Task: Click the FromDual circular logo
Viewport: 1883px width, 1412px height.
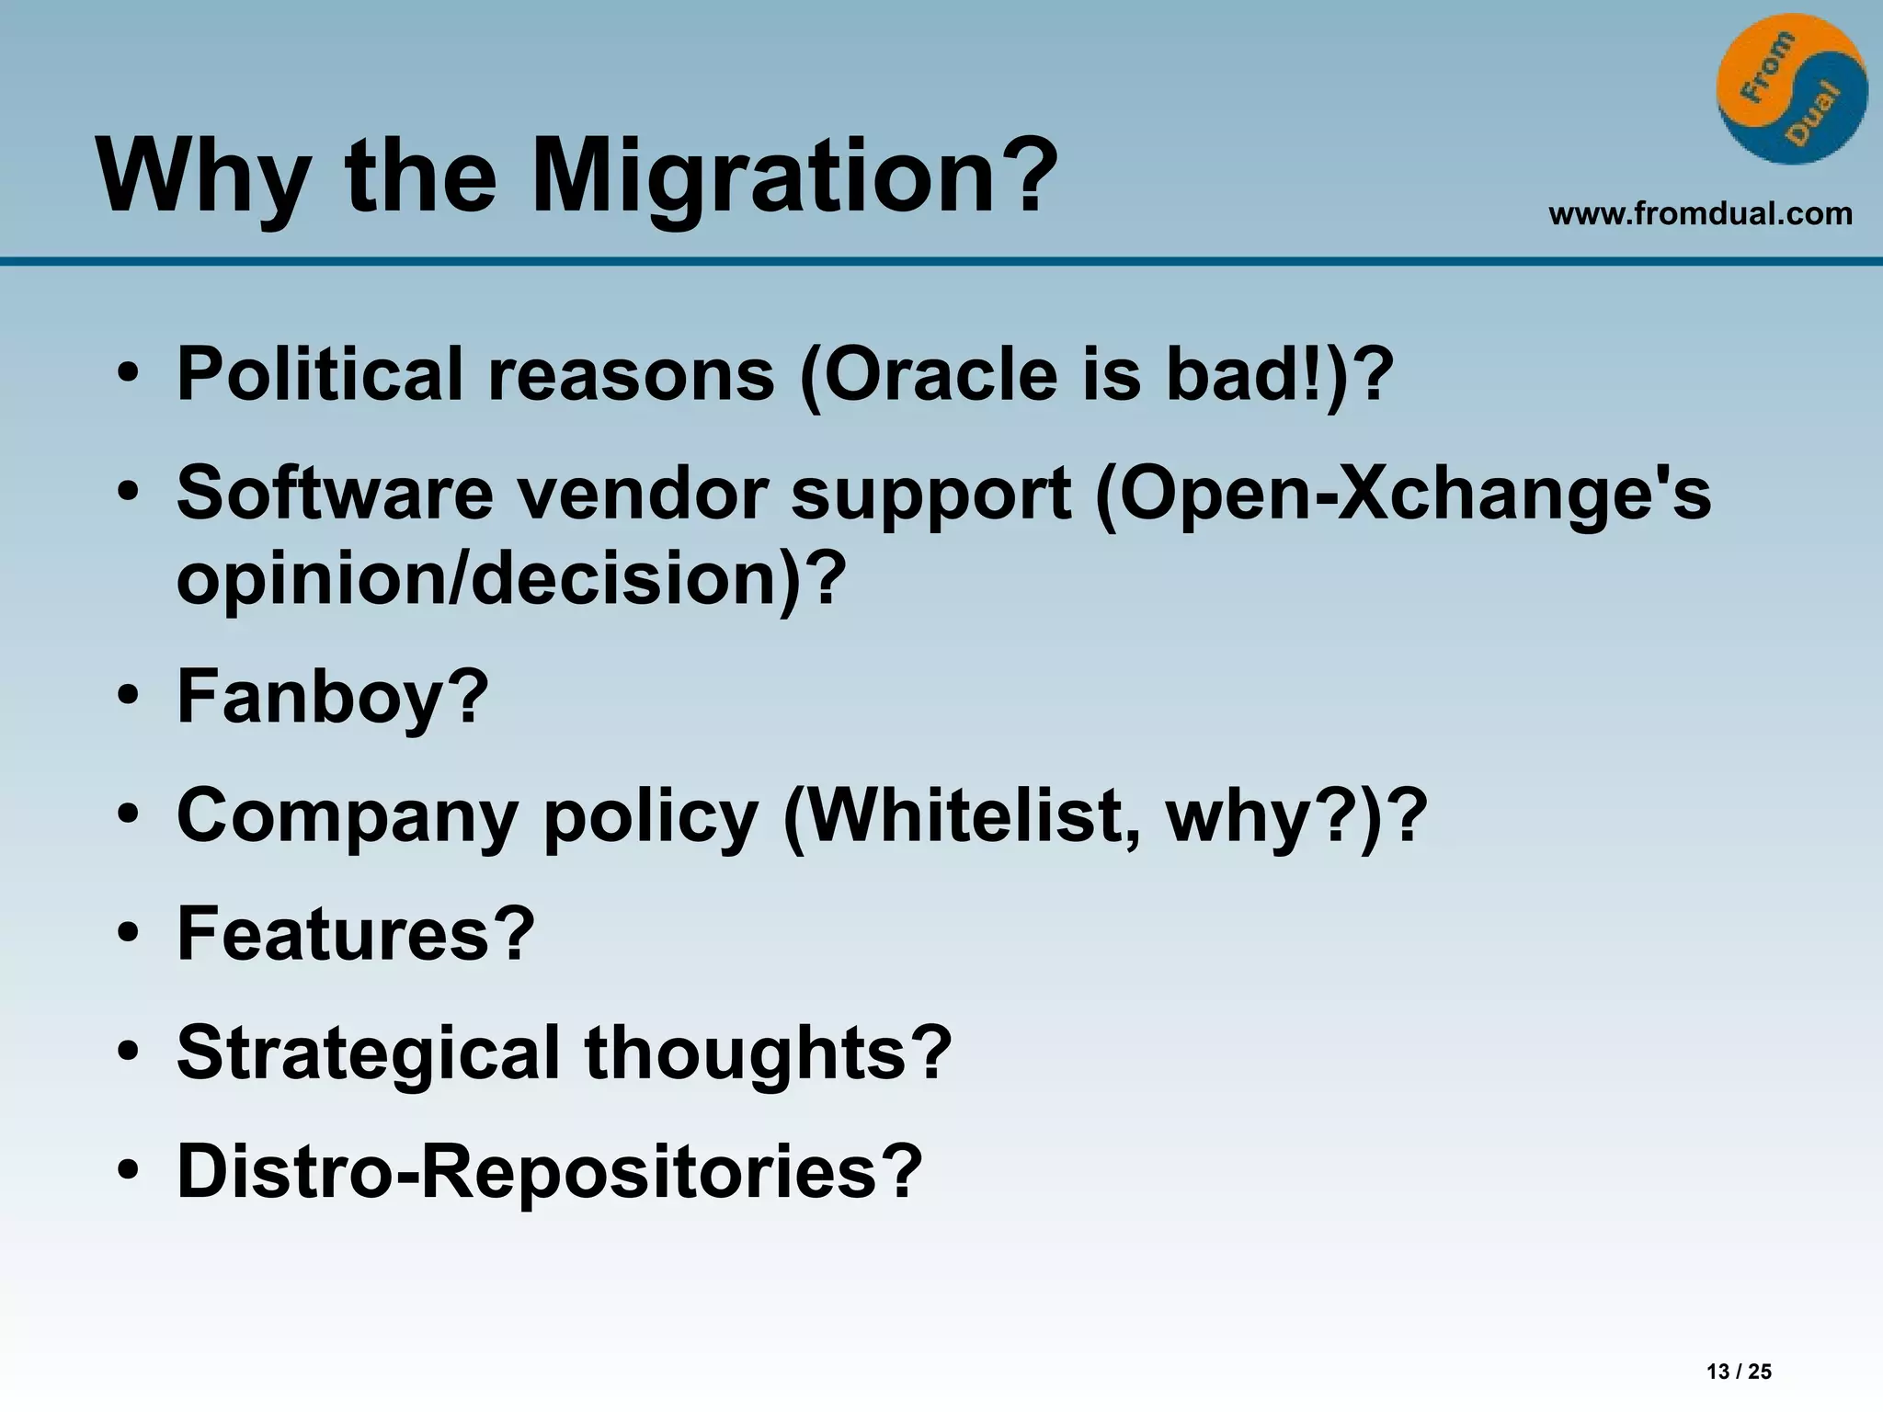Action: coord(1791,89)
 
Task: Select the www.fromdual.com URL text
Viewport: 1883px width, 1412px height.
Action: coord(1700,214)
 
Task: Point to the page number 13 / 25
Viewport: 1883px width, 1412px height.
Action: coord(1739,1372)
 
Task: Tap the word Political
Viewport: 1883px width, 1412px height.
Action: coord(319,375)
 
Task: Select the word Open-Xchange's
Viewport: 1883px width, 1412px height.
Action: coord(1403,494)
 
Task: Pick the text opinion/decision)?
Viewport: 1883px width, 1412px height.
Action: coord(510,579)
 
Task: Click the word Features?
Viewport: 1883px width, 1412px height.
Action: coord(355,934)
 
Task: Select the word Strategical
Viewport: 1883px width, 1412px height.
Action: coord(368,1053)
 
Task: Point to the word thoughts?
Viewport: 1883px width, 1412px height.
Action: coord(768,1053)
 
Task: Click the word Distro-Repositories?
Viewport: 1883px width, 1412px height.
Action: coord(549,1171)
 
